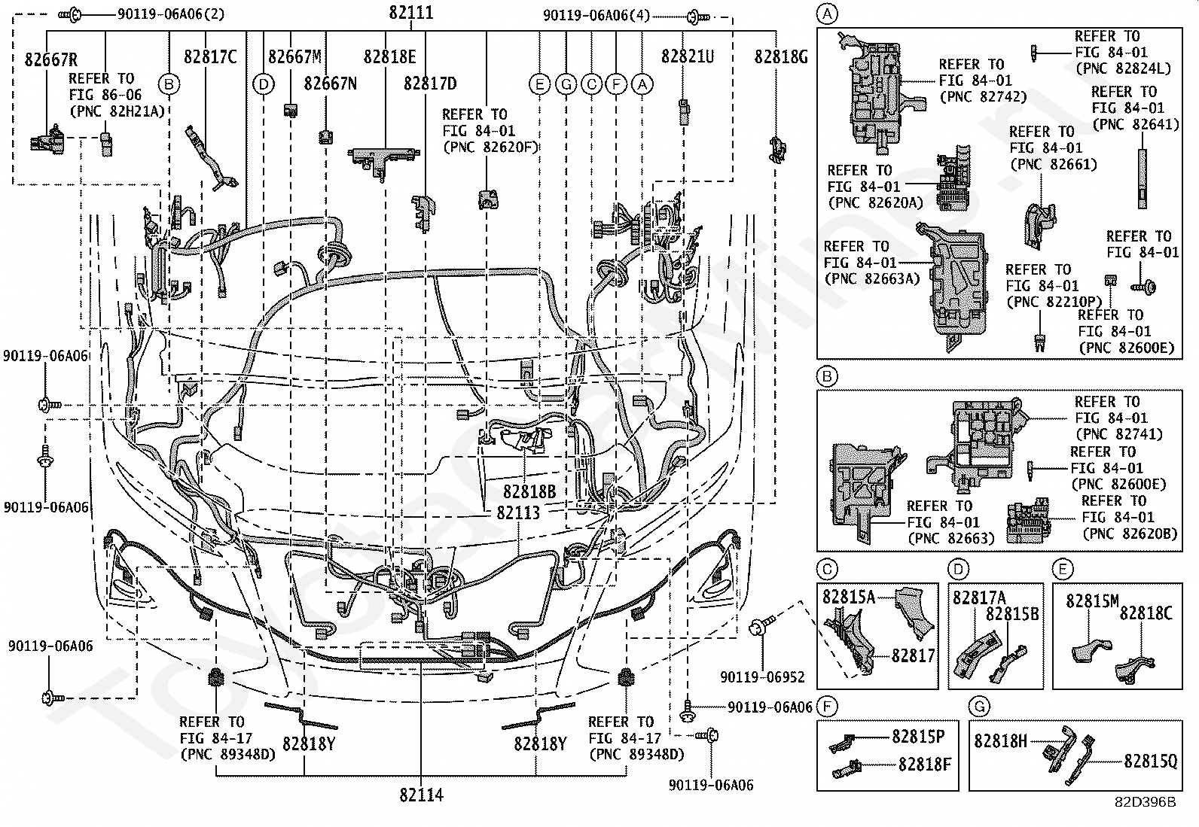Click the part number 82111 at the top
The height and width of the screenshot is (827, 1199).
coord(411,13)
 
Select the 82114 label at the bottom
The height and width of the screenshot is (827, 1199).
coord(421,795)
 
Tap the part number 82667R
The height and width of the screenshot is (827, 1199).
coord(50,60)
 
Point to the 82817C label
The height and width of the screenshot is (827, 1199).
coord(210,56)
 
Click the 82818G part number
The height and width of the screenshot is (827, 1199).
coord(781,56)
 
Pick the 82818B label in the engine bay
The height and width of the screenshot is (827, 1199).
coord(529,492)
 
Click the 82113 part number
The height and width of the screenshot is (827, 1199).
coord(518,512)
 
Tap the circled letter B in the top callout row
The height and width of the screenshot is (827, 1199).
coord(169,84)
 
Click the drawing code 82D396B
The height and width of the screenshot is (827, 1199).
coord(1146,802)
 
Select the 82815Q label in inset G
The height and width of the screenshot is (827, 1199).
coord(1150,761)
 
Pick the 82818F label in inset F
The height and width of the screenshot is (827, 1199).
coord(925,765)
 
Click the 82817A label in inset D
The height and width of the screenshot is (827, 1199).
coord(979,597)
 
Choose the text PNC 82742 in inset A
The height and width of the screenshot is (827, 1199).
coord(975,97)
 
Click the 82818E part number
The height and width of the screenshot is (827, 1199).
coord(389,56)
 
